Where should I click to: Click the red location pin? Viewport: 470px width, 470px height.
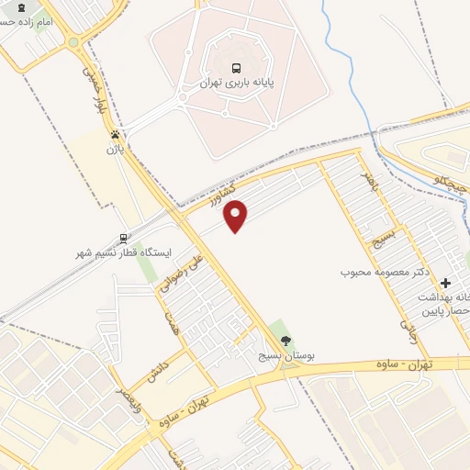pos(236,216)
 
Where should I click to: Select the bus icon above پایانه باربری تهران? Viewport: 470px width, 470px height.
pos(238,67)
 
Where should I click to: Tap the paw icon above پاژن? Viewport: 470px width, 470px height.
pos(115,135)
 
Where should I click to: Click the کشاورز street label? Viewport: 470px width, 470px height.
pos(221,196)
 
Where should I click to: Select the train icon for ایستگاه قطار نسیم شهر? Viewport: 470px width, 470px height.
pos(124,238)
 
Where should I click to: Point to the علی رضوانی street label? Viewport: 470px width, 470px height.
pos(180,274)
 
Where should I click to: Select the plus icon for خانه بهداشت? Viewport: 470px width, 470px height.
pos(446,283)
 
